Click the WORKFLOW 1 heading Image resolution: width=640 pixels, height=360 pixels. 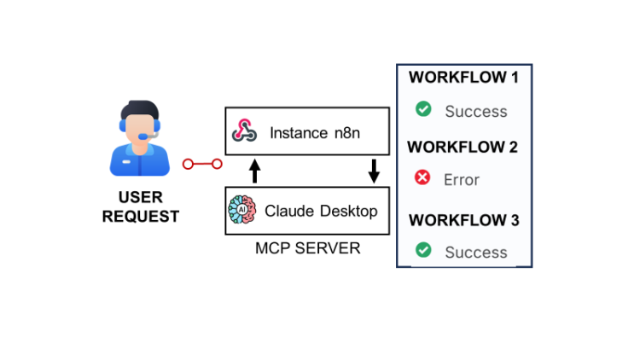(463, 78)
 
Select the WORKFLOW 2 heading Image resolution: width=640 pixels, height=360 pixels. (463, 147)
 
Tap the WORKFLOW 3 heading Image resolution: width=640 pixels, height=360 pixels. (463, 220)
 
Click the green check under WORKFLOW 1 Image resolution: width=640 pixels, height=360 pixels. (422, 109)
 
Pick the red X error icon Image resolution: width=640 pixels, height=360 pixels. (422, 178)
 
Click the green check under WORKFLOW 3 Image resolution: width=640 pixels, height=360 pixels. (422, 251)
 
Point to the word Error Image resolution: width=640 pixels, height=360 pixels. (462, 180)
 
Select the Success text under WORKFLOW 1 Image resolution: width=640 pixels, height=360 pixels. (475, 111)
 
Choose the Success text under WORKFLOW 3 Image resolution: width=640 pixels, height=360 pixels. (475, 253)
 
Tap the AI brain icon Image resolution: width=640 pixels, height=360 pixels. (243, 211)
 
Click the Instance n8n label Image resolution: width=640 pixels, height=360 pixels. (311, 133)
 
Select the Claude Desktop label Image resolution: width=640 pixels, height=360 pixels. (321, 211)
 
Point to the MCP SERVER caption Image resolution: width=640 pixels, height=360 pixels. (308, 248)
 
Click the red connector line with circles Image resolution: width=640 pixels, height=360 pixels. (202, 164)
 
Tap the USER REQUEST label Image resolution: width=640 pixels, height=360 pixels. (141, 207)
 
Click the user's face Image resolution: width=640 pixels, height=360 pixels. (140, 126)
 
